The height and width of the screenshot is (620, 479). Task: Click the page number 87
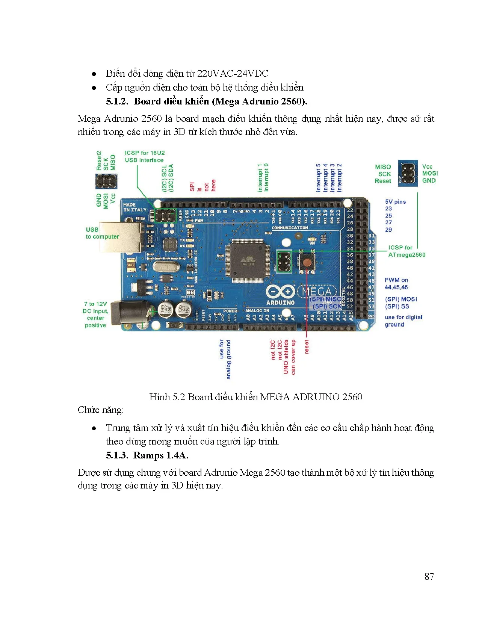point(429,576)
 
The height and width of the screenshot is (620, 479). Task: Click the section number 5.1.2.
point(117,101)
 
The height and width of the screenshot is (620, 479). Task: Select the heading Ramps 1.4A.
point(161,455)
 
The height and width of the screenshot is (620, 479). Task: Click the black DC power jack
point(132,312)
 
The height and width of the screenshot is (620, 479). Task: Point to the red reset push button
point(307,262)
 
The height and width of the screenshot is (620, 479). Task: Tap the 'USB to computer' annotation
point(102,233)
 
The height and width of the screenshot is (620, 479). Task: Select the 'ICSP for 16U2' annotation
point(145,157)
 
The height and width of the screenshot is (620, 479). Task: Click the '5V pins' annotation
point(395,202)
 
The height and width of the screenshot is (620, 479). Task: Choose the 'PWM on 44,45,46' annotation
point(396,284)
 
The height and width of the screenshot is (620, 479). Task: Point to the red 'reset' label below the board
point(307,346)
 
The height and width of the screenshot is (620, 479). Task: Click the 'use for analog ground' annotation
point(225,359)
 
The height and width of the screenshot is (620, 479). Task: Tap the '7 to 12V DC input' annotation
point(95,315)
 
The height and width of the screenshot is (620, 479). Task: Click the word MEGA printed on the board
point(316,292)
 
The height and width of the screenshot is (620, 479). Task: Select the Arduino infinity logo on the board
point(280,292)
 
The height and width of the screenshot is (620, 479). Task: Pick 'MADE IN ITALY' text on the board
point(134,207)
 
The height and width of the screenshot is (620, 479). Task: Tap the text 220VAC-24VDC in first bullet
point(233,73)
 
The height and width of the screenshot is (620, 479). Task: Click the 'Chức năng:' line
point(100,410)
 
